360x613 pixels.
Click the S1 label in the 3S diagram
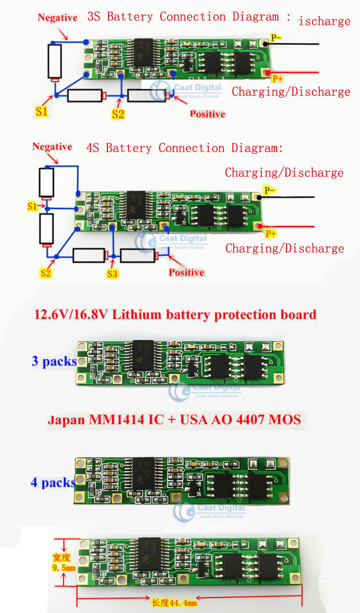41,111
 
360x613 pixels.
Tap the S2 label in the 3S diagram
118,114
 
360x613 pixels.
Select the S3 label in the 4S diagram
112,274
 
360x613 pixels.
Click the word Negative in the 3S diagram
57,18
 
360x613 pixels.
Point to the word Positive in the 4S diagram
187,272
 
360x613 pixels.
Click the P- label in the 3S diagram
276,38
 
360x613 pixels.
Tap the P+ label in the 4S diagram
270,234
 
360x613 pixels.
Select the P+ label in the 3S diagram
277,79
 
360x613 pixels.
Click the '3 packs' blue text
54,361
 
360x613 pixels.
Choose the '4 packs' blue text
53,482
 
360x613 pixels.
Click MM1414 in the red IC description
113,420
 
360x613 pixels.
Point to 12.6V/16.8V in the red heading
72,315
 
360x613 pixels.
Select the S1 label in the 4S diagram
33,205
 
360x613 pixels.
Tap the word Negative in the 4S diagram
52,147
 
